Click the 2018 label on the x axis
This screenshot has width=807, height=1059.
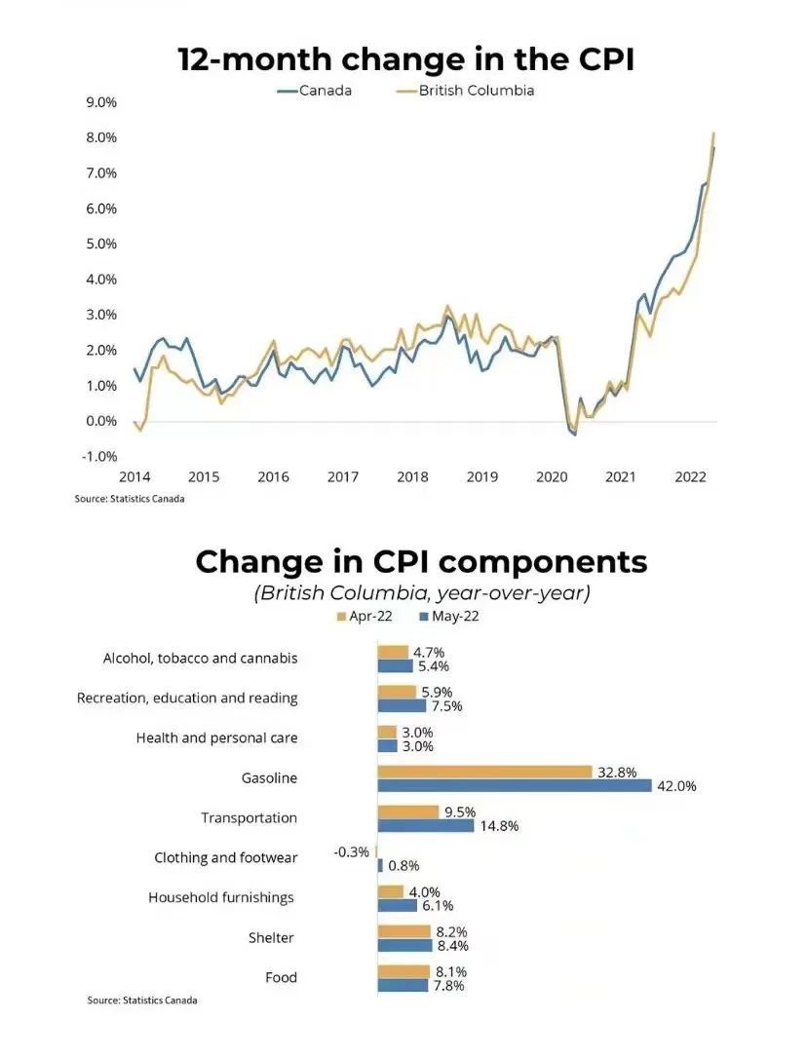(412, 477)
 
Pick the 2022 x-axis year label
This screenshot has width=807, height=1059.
(690, 477)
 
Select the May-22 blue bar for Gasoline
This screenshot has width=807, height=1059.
(514, 785)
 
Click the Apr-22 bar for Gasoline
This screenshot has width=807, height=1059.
(484, 772)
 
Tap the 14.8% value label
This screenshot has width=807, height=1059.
(499, 826)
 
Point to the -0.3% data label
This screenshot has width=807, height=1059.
(351, 851)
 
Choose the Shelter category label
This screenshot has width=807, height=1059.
(271, 937)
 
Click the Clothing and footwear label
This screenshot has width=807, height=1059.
(225, 857)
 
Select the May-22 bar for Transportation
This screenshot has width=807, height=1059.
(426, 825)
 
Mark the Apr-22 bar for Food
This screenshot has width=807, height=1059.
(403, 971)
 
